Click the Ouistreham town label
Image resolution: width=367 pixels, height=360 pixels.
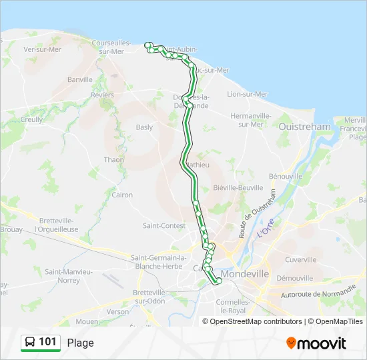click(304, 126)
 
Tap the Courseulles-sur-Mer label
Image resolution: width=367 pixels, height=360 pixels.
click(112, 47)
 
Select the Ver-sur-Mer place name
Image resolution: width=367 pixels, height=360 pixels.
click(42, 49)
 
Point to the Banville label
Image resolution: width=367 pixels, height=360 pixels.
click(80, 79)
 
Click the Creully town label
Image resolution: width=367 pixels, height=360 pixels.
click(31, 120)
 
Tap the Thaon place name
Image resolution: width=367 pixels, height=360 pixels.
click(113, 160)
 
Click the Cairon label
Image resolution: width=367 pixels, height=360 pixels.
click(123, 195)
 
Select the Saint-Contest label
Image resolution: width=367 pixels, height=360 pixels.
click(164, 226)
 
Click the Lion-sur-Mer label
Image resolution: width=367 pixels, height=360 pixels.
click(248, 95)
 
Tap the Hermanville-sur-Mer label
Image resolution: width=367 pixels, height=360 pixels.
click(250, 120)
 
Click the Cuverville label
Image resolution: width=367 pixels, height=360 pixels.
click(300, 259)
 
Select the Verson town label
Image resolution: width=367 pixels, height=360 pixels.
click(117, 311)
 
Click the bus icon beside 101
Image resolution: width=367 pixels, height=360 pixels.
click(30, 343)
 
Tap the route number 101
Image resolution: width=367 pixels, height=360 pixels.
click(48, 343)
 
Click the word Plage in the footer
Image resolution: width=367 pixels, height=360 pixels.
click(81, 343)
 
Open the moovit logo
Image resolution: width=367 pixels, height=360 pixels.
click(316, 343)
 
